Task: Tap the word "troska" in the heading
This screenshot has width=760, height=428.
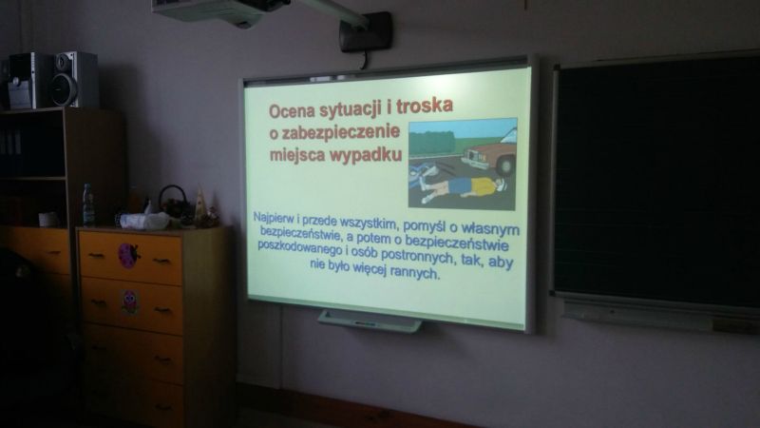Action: [x=425, y=106]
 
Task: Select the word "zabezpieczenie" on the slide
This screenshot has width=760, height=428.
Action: [x=341, y=132]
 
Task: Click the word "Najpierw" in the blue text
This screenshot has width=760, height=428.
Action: [x=273, y=218]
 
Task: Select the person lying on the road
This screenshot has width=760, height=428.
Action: [x=464, y=187]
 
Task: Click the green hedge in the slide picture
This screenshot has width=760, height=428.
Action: [x=432, y=143]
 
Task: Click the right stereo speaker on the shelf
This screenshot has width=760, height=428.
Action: [x=75, y=79]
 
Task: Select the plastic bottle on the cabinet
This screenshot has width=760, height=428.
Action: [x=87, y=204]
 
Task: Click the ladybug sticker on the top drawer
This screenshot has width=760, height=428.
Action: [x=128, y=256]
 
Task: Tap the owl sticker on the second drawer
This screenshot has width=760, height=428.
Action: [x=130, y=302]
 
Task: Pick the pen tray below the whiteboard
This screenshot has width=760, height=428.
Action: [x=370, y=321]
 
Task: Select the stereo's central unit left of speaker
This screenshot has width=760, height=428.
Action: [x=29, y=81]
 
